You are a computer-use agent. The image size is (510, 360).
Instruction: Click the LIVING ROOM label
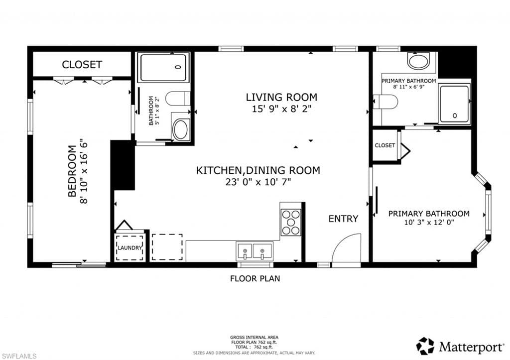pyautogui.click(x=281, y=97)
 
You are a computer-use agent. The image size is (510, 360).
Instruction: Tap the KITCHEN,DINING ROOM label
pyautogui.click(x=258, y=170)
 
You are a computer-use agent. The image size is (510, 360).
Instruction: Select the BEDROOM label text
pyautogui.click(x=72, y=170)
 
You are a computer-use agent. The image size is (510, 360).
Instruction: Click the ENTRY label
pyautogui.click(x=343, y=219)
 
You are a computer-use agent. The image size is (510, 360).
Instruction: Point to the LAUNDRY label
pyautogui.click(x=130, y=247)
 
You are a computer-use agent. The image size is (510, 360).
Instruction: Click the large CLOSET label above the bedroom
pyautogui.click(x=82, y=64)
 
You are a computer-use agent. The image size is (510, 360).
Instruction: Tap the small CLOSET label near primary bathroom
pyautogui.click(x=384, y=145)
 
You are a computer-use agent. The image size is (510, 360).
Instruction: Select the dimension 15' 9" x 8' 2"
pyautogui.click(x=281, y=109)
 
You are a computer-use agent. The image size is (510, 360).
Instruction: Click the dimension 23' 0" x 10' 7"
pyautogui.click(x=258, y=182)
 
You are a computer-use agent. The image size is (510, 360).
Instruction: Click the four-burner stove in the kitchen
pyautogui.click(x=291, y=222)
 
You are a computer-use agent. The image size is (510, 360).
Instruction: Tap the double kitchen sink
pyautogui.click(x=255, y=250)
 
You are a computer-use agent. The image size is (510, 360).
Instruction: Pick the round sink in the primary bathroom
pyautogui.click(x=418, y=61)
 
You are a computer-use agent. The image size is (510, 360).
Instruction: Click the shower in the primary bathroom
pyautogui.click(x=454, y=104)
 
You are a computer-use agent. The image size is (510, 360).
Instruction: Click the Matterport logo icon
pyautogui.click(x=425, y=346)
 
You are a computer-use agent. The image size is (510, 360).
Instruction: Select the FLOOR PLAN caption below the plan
pyautogui.click(x=255, y=278)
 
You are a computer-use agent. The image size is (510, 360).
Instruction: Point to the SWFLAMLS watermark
pyautogui.click(x=19, y=355)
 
